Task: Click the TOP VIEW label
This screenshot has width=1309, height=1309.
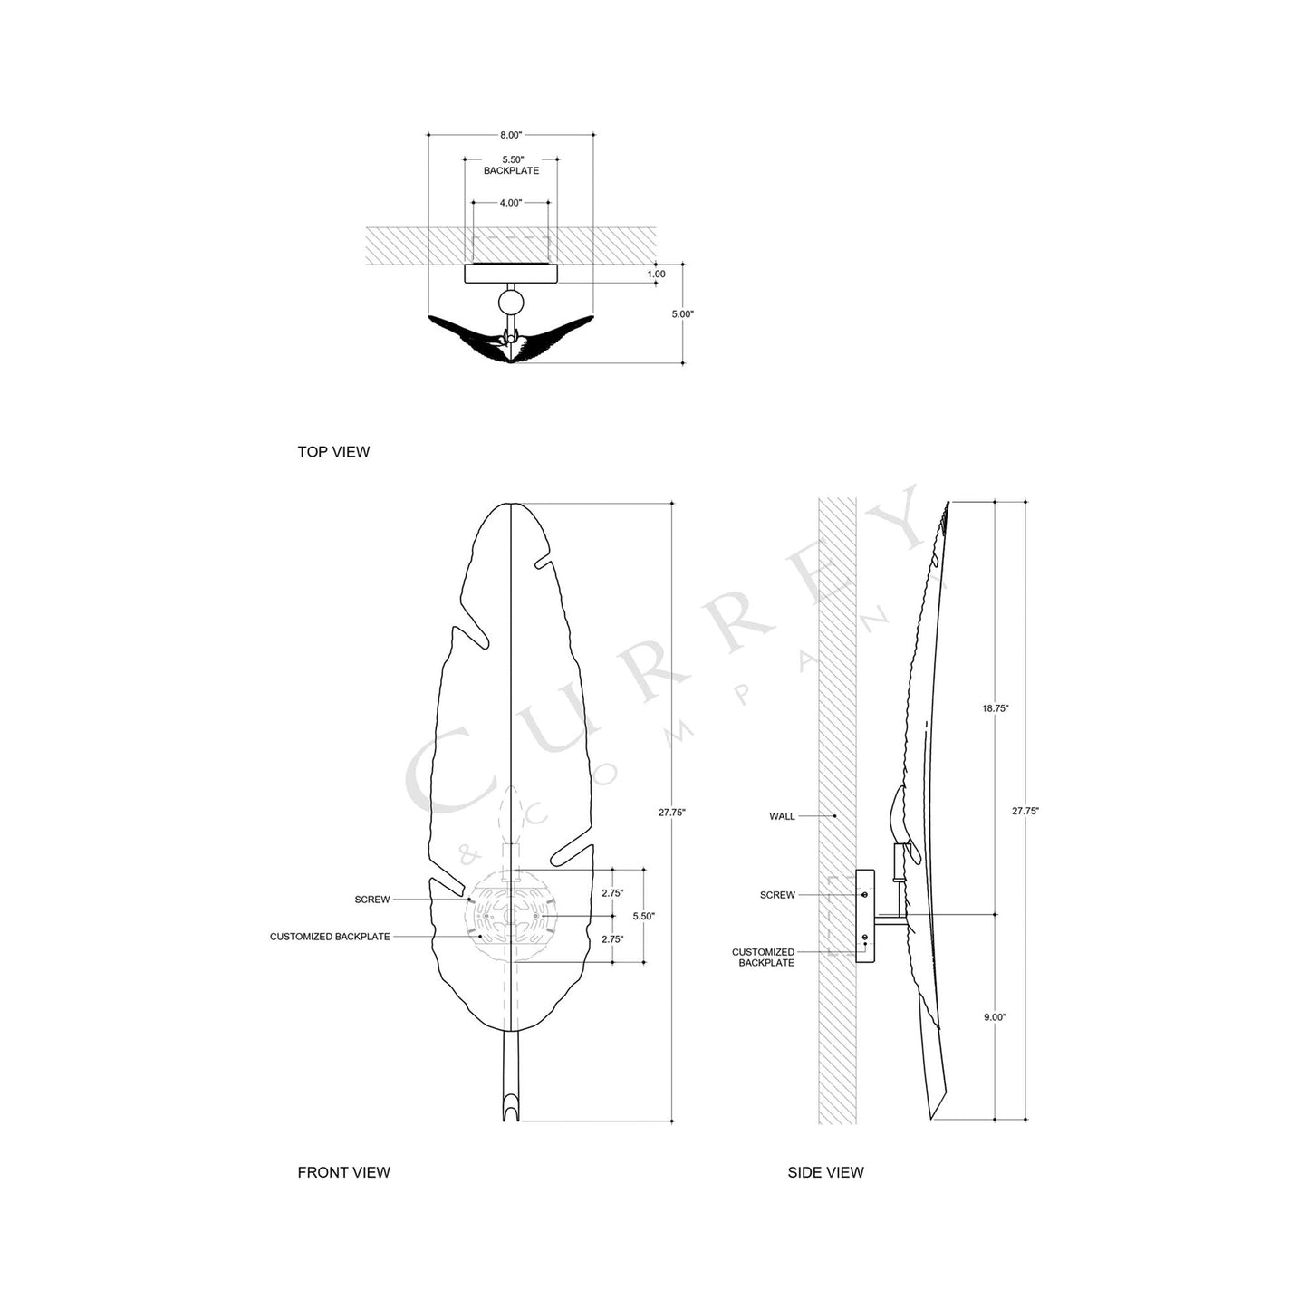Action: tap(333, 452)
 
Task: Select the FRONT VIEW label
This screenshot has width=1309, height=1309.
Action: tap(343, 1172)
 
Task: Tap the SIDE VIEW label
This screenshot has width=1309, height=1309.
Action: tap(825, 1172)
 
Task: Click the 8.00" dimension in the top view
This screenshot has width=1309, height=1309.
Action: tap(511, 135)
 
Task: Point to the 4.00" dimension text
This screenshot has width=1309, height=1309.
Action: tap(511, 203)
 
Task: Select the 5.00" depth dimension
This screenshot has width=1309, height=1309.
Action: tap(682, 314)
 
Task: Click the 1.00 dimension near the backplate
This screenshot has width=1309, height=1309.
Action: tap(657, 274)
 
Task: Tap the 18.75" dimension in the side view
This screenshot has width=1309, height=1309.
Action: tap(995, 708)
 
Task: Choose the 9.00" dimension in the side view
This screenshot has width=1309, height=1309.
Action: tap(995, 1017)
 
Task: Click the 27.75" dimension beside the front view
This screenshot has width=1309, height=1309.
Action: tap(672, 813)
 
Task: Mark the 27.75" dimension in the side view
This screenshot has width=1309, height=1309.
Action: tap(1025, 812)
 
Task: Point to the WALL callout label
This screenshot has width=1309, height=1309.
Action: tap(782, 816)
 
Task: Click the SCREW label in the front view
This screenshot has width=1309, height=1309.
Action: tap(372, 900)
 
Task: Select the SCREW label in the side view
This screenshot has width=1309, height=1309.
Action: tap(777, 895)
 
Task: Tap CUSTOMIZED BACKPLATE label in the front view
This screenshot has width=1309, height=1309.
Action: tap(330, 937)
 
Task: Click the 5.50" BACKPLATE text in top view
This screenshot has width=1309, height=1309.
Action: tap(511, 165)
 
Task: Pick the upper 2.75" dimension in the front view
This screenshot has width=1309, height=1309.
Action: tap(612, 892)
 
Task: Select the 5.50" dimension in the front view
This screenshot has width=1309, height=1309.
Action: tap(643, 916)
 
